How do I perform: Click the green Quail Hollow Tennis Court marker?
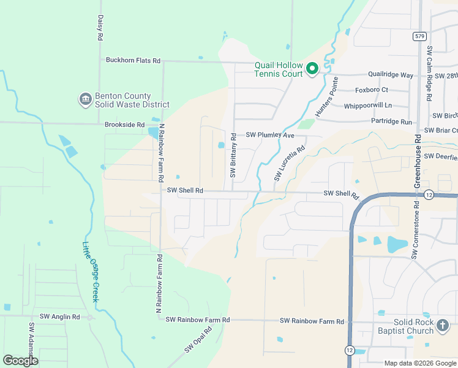click(x=312, y=68)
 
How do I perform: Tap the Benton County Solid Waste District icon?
click(x=85, y=99)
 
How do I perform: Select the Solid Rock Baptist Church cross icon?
click(x=443, y=326)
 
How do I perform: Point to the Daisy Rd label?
click(x=100, y=28)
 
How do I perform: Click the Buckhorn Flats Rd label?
click(x=133, y=61)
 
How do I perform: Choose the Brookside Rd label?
click(x=124, y=124)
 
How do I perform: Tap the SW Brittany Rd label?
click(x=233, y=156)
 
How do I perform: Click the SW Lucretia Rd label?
click(x=290, y=164)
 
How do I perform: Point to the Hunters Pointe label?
click(x=326, y=98)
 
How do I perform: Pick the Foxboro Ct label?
click(x=372, y=90)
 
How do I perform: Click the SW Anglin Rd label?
click(x=60, y=317)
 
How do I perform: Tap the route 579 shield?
click(x=419, y=36)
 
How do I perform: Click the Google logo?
click(x=20, y=361)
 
